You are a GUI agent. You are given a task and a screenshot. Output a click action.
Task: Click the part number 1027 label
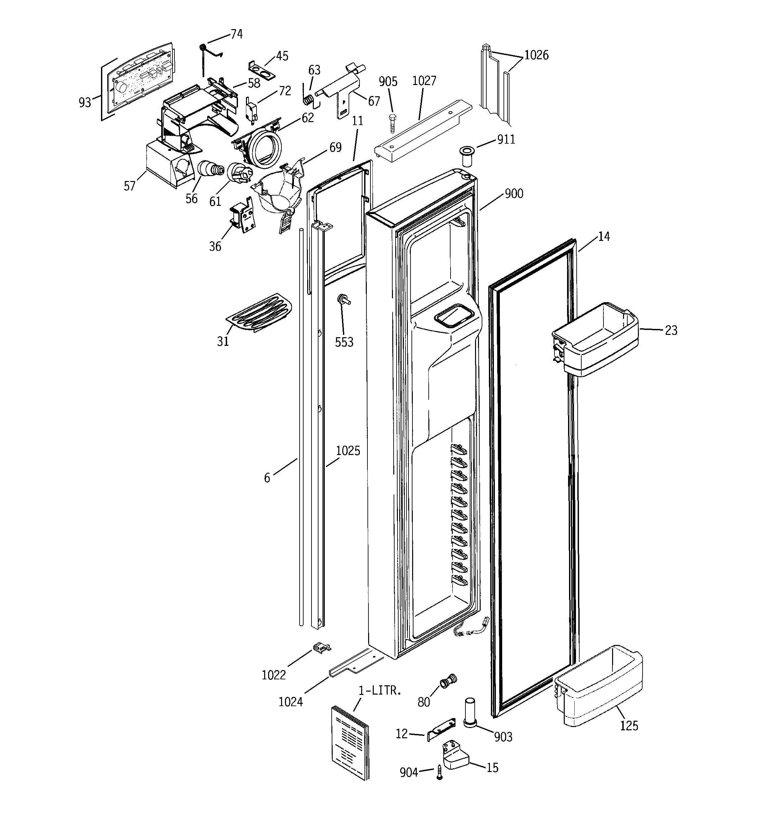[x=424, y=81]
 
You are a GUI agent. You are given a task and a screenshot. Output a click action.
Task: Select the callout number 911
[x=506, y=140]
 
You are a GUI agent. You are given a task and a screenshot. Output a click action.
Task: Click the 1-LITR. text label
[x=379, y=691]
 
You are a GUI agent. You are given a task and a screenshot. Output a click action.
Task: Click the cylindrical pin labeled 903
[x=471, y=713]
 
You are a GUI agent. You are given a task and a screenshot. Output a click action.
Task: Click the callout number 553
[x=344, y=342]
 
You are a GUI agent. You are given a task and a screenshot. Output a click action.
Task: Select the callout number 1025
[x=348, y=451]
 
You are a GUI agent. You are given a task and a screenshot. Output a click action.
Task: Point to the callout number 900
[x=514, y=194]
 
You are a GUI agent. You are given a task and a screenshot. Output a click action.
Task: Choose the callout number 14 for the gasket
[x=603, y=237]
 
